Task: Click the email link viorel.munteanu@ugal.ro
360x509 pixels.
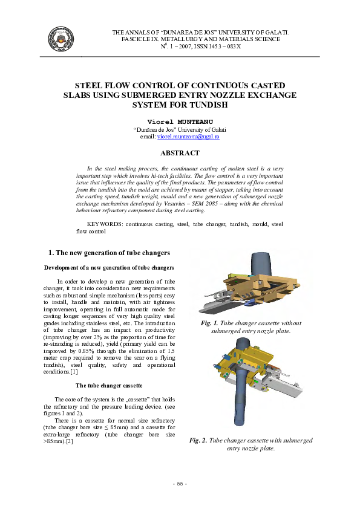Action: pos(188,138)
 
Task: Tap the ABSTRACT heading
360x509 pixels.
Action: pos(180,154)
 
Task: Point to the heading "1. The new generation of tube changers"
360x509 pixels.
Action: pos(109,252)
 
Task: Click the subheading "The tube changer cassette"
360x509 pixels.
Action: pos(109,385)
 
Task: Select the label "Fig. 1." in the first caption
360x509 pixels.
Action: pos(209,323)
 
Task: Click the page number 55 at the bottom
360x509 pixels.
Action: pos(180,484)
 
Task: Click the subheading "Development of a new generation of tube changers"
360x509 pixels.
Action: pos(109,267)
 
